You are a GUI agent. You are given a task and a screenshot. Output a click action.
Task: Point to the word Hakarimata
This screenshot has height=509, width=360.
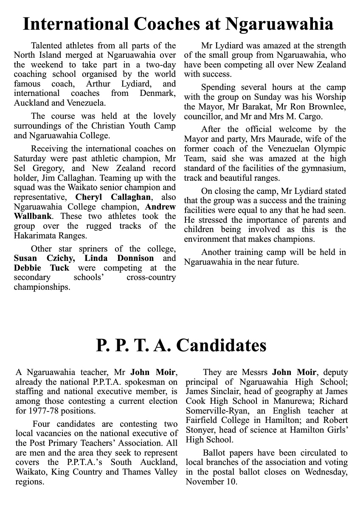click(x=36, y=236)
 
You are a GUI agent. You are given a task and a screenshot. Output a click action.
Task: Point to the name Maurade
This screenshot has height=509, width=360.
click(x=259, y=139)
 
